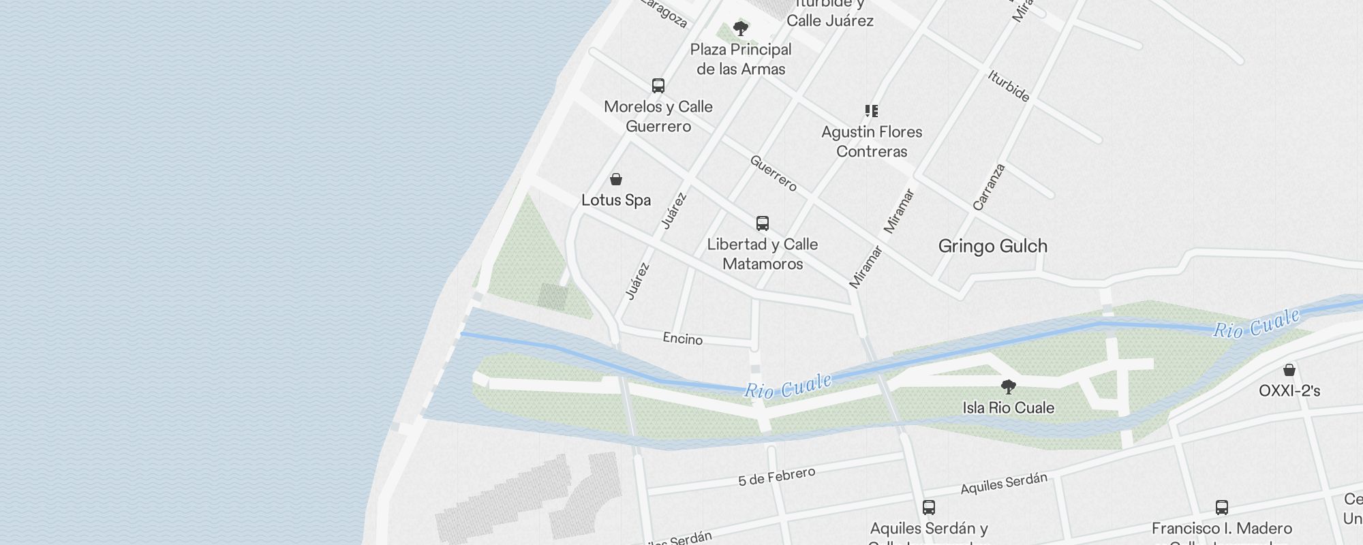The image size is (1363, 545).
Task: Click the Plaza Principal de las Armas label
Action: tap(741, 59)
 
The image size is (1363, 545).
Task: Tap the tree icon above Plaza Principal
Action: tap(741, 29)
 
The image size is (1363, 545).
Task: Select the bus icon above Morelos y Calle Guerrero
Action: tap(658, 86)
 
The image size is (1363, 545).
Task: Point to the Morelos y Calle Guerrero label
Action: tap(658, 116)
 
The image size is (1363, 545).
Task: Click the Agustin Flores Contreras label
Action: tap(872, 142)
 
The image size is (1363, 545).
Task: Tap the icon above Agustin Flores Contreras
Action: tap(872, 111)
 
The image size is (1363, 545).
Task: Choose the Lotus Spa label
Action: tap(616, 200)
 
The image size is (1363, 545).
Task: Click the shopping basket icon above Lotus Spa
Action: tap(616, 179)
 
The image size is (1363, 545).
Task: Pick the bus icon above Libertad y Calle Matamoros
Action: tap(763, 223)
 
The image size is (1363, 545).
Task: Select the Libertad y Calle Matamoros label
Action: tap(763, 254)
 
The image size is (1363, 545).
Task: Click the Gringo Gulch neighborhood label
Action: tap(992, 246)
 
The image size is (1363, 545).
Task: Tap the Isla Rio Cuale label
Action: tap(1008, 408)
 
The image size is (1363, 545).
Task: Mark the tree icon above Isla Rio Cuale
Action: tap(1009, 388)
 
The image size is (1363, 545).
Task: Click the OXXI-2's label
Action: tap(1289, 391)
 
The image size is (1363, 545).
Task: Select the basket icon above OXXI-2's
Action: tap(1289, 370)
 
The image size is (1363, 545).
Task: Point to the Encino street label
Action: tap(683, 339)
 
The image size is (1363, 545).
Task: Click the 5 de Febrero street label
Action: tap(776, 477)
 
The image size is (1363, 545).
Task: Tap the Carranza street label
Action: tap(989, 187)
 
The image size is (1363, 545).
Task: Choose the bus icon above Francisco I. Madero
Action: tap(1222, 508)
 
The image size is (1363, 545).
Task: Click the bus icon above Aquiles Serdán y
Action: tap(929, 508)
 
